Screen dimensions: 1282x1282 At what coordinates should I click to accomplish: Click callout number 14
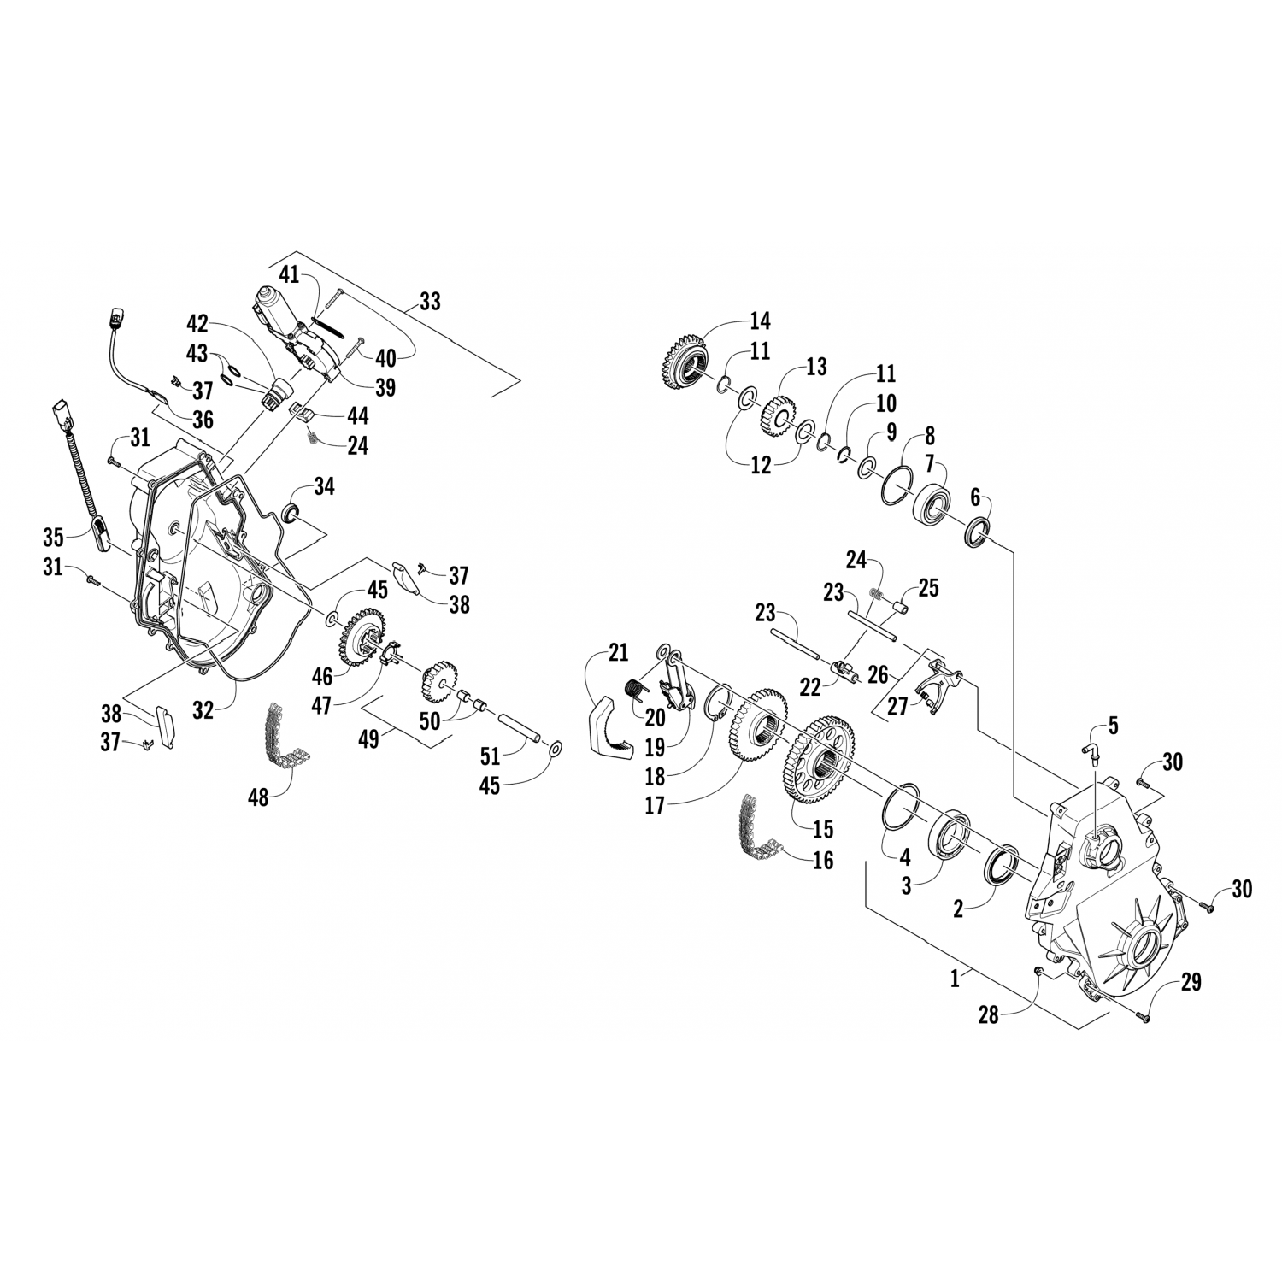tap(759, 320)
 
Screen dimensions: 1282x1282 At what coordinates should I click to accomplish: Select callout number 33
tap(430, 301)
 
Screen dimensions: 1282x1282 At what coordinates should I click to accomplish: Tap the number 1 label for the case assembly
tap(956, 979)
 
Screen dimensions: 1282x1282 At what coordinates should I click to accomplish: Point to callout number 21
tap(617, 654)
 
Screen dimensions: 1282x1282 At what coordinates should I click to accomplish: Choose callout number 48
tap(257, 797)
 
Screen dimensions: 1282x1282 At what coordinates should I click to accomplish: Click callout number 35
tap(54, 538)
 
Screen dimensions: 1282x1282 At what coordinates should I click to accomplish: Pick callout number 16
tap(822, 860)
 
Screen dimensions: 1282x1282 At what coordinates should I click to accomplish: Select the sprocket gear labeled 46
tap(364, 635)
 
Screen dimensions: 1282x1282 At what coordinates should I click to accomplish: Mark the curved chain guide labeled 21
tap(609, 726)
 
